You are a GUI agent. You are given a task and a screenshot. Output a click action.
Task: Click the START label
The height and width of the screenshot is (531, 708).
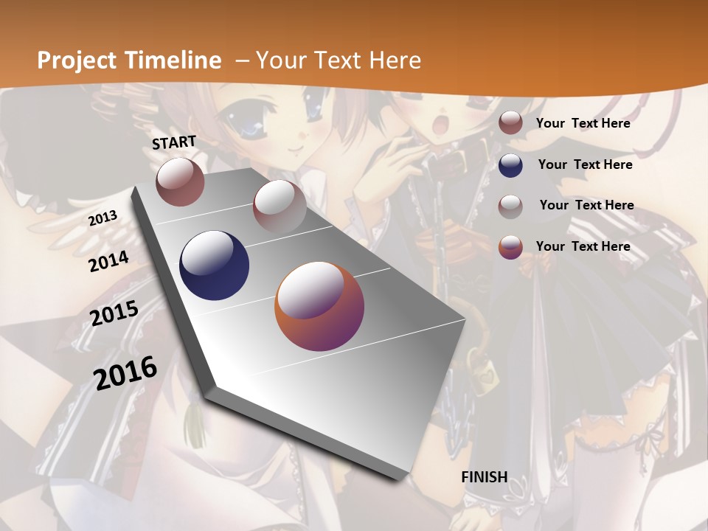[174, 142]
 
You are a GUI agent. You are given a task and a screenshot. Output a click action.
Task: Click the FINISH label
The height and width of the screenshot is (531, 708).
[484, 477]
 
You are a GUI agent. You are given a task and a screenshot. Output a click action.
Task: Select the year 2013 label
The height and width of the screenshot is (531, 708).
[103, 218]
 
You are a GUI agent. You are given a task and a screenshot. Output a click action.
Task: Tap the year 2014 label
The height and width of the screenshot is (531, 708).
[109, 261]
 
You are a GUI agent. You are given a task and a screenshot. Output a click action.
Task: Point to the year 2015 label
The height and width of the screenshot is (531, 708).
[114, 313]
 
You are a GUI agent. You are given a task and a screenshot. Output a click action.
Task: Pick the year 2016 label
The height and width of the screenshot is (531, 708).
[125, 372]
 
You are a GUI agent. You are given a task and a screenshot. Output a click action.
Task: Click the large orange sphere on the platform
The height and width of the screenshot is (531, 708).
[319, 306]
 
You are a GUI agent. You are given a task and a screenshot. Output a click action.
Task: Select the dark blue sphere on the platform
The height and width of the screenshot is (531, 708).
[214, 265]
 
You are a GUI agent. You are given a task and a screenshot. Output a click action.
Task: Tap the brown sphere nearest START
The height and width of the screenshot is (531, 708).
[180, 181]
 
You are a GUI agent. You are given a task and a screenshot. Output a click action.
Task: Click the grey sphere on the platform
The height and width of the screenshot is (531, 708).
[280, 206]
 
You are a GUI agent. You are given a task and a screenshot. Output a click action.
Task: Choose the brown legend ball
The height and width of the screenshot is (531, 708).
[510, 123]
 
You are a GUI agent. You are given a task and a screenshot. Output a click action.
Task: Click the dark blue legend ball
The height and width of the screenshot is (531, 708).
[510, 165]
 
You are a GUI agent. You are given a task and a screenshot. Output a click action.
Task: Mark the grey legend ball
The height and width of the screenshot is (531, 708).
[510, 206]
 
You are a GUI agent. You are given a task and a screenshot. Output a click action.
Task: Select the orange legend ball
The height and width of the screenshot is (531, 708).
[510, 247]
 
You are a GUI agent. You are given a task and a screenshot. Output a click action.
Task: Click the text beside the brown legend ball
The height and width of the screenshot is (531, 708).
[583, 123]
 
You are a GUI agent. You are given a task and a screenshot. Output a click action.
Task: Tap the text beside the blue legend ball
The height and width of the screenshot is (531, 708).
[585, 164]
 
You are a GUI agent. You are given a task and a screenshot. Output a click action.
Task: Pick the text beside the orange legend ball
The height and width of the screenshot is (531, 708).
[583, 246]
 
